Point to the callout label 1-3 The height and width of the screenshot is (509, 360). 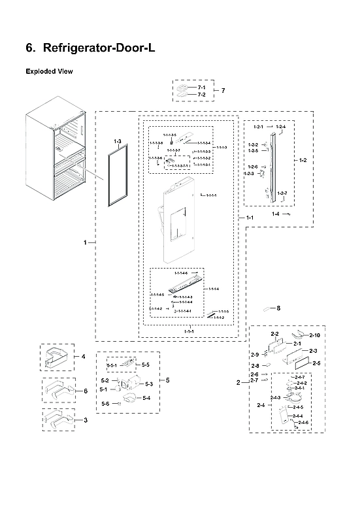118,142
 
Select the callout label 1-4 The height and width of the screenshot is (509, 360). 276,214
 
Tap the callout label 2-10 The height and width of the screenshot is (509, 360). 314,335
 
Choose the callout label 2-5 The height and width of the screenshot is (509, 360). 316,363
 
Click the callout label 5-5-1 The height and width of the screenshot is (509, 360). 111,365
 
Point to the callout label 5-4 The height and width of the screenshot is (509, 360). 146,398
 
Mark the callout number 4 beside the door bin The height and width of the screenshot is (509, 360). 84,357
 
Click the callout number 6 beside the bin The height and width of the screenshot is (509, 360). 85,391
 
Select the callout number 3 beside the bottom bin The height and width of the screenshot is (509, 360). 85,419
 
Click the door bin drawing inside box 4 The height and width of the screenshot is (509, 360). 59,357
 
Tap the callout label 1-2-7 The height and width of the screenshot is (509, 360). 282,193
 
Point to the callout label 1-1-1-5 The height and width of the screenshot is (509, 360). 223,312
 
